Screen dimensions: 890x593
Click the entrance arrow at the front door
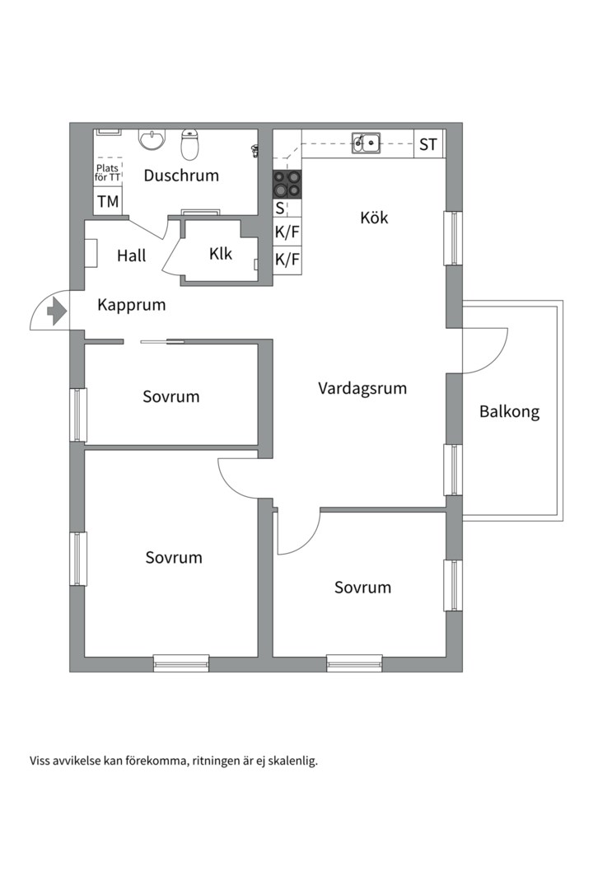pos(57,312)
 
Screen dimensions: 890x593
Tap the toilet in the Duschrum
pos(190,145)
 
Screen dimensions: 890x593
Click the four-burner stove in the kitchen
pos(287,183)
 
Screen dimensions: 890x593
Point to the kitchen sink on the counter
pos(367,143)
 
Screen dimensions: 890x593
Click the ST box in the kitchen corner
pos(428,145)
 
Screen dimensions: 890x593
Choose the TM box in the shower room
pos(107,201)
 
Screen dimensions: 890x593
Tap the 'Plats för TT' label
pos(107,172)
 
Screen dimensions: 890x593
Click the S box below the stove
pos(280,208)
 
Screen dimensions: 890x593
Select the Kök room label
pos(374,218)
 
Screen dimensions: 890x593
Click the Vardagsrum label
pos(362,388)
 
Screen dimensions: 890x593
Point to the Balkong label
pos(509,412)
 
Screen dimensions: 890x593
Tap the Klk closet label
pos(220,254)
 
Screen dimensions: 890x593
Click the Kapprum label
pos(131,305)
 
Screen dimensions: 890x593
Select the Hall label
pos(131,255)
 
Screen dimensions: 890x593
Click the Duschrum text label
pos(181,176)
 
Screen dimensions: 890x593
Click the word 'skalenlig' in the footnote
pos(290,761)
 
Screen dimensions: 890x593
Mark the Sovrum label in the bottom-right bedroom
pos(362,588)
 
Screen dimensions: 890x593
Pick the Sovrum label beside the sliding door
pos(170,396)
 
